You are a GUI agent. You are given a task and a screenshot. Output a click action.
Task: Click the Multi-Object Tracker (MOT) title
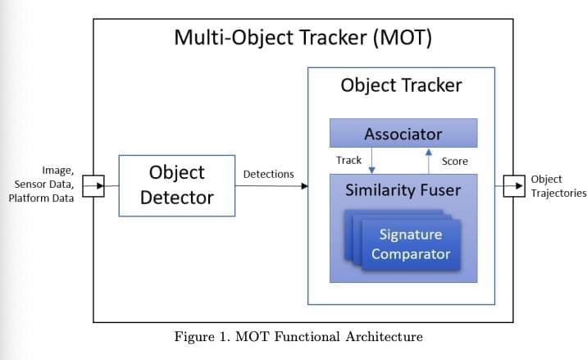303,38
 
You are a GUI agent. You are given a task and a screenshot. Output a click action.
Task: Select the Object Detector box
176,185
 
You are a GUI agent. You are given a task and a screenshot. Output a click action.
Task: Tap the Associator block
403,133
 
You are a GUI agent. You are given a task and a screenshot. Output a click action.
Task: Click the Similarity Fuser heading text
403,191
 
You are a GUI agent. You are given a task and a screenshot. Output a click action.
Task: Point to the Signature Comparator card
410,244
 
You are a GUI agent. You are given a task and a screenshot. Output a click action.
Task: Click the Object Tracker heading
401,85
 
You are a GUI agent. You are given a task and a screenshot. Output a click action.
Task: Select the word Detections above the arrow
268,175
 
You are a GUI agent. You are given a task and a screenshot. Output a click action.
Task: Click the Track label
348,161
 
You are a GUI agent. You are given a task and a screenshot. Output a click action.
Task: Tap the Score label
454,162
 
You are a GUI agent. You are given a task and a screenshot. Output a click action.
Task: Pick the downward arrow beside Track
372,161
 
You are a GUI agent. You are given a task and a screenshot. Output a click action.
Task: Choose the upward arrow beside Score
428,160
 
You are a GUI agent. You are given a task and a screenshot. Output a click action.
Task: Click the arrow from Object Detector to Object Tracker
271,186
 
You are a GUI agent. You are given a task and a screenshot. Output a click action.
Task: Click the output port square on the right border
513,186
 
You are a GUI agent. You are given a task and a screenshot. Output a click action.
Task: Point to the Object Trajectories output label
557,186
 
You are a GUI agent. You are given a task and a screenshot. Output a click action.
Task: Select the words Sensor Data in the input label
43,185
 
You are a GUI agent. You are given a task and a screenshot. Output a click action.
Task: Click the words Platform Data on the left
41,198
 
